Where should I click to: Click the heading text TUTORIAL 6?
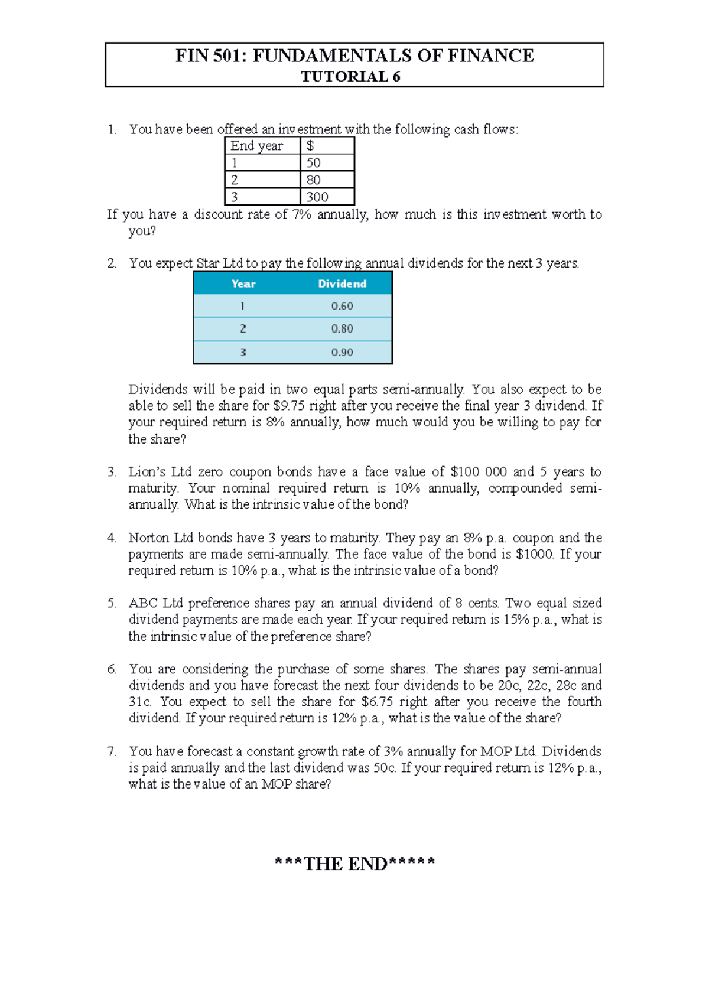[350, 77]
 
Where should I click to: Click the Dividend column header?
[342, 284]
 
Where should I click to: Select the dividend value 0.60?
[342, 307]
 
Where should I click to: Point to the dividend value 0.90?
[342, 353]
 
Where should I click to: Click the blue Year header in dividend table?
[243, 284]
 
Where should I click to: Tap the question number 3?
[112, 472]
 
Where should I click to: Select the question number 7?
[112, 752]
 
